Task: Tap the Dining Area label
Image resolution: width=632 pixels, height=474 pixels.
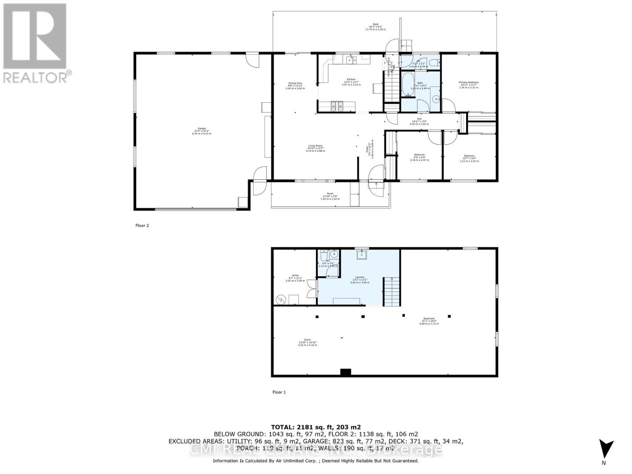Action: (x=295, y=83)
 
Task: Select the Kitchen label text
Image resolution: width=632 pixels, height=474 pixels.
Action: (x=351, y=79)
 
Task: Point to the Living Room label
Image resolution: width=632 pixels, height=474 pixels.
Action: (x=315, y=146)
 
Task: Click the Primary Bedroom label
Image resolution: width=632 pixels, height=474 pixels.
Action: (x=468, y=83)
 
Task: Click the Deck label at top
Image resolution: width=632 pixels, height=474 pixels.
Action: (x=376, y=24)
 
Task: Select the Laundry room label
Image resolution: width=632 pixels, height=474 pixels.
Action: (x=359, y=277)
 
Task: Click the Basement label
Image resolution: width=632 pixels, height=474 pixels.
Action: (x=429, y=319)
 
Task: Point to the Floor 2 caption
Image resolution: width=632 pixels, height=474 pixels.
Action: (x=142, y=226)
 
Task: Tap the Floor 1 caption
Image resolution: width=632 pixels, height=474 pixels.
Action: (x=279, y=392)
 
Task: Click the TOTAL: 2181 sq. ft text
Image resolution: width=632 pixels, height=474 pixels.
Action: (x=316, y=427)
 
